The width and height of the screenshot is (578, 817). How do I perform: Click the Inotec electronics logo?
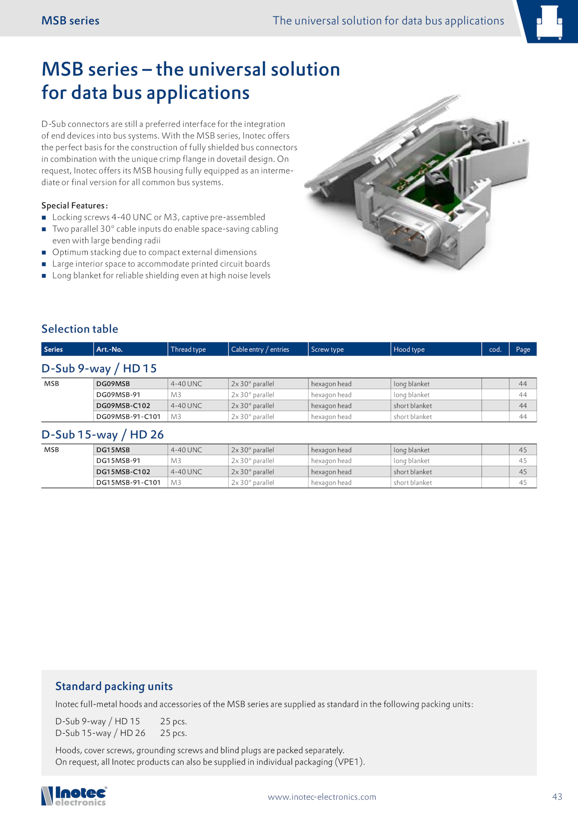pos(74,796)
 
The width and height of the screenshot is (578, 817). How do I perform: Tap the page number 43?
pos(557,796)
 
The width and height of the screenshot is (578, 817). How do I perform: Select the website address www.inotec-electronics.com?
pos(322,797)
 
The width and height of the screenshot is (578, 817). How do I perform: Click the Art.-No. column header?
pos(109,349)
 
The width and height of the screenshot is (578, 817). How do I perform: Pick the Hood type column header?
pos(409,349)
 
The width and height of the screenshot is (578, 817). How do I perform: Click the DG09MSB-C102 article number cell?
pos(123,405)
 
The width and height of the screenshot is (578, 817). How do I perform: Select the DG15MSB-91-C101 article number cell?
pos(128,482)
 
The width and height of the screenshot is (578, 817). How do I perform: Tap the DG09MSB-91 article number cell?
pos(118,395)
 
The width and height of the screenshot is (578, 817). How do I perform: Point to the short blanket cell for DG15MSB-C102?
pos(413,471)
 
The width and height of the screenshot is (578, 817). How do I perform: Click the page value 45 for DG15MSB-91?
pos(523,461)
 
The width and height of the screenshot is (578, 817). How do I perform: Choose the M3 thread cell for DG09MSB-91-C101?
pos(176,417)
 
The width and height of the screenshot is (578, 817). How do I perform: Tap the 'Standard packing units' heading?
pos(114,686)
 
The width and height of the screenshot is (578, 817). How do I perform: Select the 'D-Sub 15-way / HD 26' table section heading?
pos(103,434)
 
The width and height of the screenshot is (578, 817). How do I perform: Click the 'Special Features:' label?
pos(74,205)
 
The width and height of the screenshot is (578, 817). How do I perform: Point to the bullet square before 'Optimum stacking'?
pos(44,252)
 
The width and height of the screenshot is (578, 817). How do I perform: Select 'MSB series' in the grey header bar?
pos(70,21)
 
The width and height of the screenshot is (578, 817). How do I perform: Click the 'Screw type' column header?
pos(327,349)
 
